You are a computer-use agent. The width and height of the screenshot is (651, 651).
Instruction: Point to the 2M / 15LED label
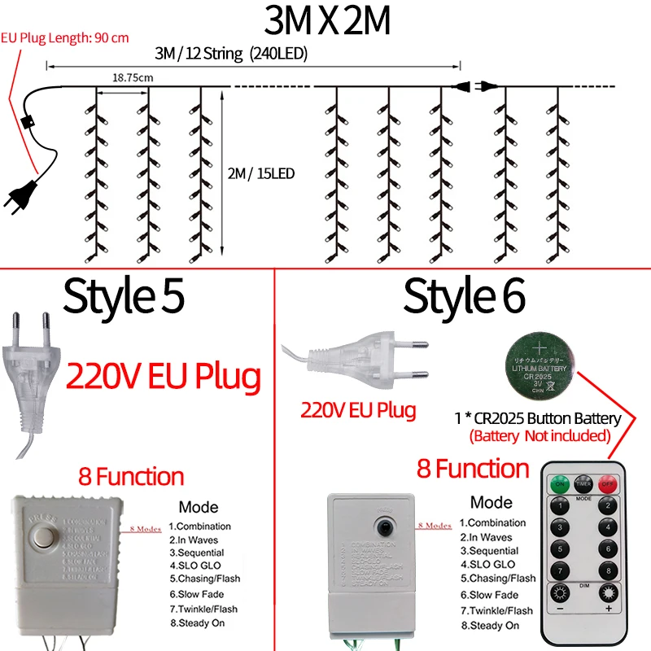click(x=261, y=173)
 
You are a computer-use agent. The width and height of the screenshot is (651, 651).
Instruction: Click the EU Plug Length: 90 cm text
click(x=65, y=37)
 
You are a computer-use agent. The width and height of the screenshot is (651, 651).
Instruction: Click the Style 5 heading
click(x=125, y=296)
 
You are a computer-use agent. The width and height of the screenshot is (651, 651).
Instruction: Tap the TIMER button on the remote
click(x=583, y=483)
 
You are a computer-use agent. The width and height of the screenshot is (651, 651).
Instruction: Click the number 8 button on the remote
click(x=607, y=570)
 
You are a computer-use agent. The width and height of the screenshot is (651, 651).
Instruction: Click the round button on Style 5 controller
click(x=42, y=539)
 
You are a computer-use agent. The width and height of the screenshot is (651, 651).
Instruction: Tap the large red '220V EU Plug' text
click(x=163, y=377)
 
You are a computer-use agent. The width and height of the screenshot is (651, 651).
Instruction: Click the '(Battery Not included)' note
click(x=540, y=435)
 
